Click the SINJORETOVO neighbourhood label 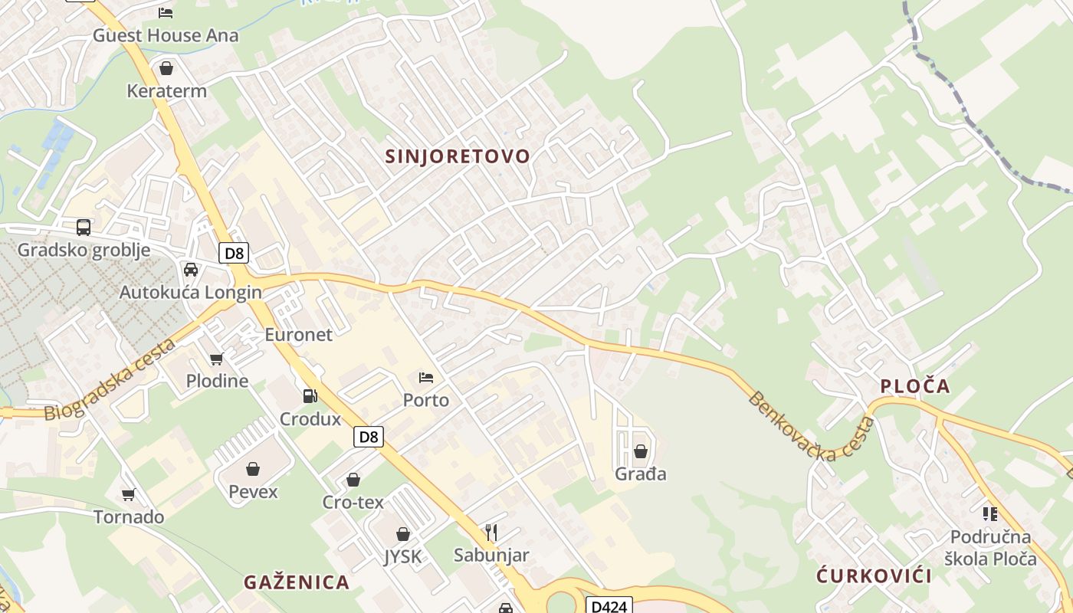458,156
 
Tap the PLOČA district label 915,386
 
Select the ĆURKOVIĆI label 874,576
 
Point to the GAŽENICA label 297,582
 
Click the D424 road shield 610,606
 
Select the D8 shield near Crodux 369,437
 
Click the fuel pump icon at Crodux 310,396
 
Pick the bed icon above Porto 426,377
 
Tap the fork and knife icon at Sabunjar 491,532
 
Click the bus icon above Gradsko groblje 84,228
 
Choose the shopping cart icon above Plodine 217,359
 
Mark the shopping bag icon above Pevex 253,469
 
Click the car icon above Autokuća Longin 191,270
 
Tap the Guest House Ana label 166,35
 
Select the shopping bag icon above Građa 640,451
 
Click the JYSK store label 403,556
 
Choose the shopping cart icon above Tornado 128,495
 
